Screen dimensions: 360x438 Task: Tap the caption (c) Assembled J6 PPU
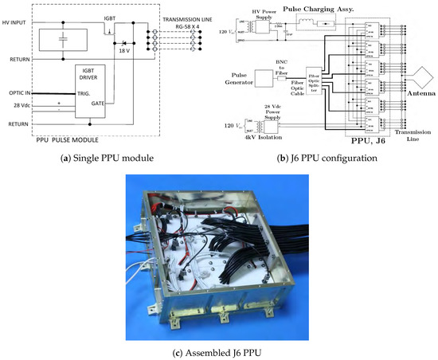point(219,352)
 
